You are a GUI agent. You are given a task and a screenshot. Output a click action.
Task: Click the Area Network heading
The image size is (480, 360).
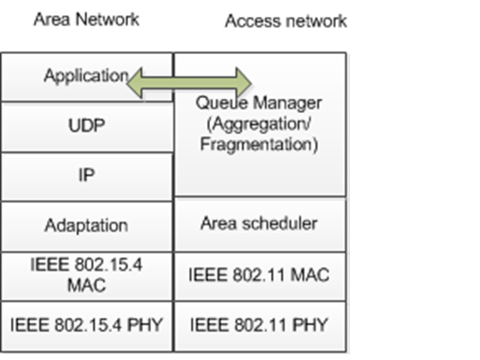86,19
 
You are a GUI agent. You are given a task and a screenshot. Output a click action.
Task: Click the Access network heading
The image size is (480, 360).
285,21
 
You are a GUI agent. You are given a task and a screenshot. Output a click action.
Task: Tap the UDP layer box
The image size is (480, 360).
86,125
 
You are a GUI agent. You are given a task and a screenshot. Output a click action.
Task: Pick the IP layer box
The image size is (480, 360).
86,176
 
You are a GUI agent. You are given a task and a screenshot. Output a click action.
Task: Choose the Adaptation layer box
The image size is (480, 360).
86,225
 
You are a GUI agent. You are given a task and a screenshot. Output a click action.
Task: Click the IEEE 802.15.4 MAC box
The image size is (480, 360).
86,275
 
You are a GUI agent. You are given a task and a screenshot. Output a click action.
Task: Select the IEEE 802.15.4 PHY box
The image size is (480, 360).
86,325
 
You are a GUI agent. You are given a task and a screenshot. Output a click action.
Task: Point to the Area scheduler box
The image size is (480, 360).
259,223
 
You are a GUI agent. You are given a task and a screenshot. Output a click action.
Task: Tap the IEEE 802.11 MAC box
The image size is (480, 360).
259,275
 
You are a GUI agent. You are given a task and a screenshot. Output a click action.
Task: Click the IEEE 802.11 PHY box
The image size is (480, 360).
259,325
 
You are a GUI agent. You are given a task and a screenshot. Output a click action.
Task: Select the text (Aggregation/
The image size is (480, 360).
259,124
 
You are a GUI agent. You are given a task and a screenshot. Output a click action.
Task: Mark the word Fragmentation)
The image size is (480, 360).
259,144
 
